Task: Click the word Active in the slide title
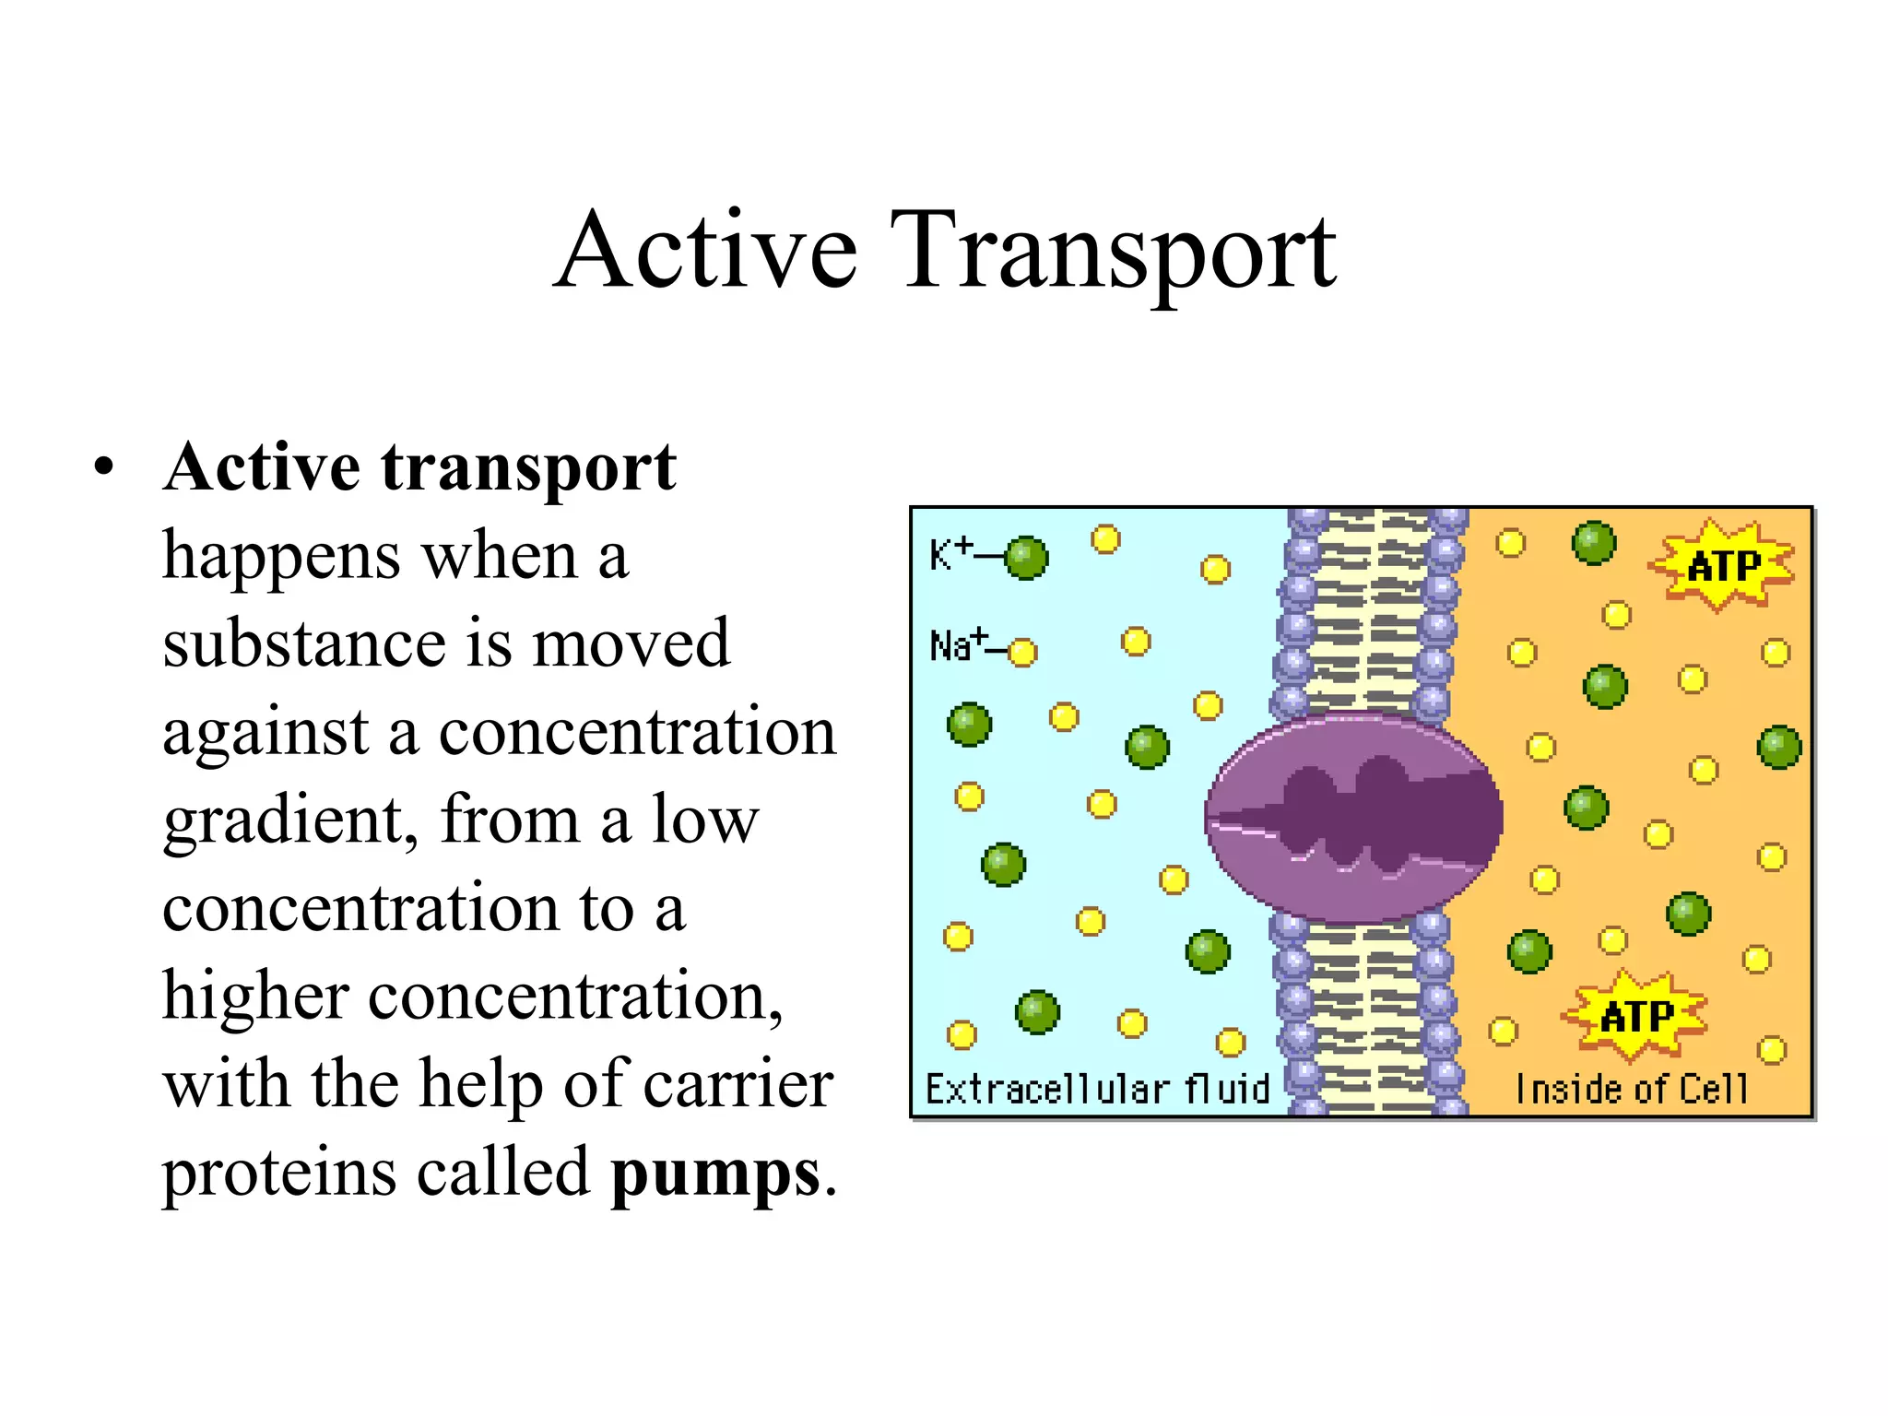coord(707,251)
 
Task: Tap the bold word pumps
coord(715,1174)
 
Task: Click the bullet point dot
coord(104,466)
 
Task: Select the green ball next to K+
coord(1026,558)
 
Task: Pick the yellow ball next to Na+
coord(1021,653)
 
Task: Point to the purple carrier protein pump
coord(1353,817)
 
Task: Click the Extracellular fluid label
coord(1097,1089)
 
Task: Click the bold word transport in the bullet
coord(529,467)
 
